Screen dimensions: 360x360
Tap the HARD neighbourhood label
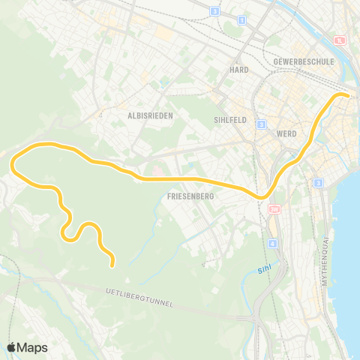pos(239,69)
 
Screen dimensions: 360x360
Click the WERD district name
pos(286,133)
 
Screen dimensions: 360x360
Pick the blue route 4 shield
pos(272,244)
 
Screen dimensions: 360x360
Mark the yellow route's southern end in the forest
pos(112,264)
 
